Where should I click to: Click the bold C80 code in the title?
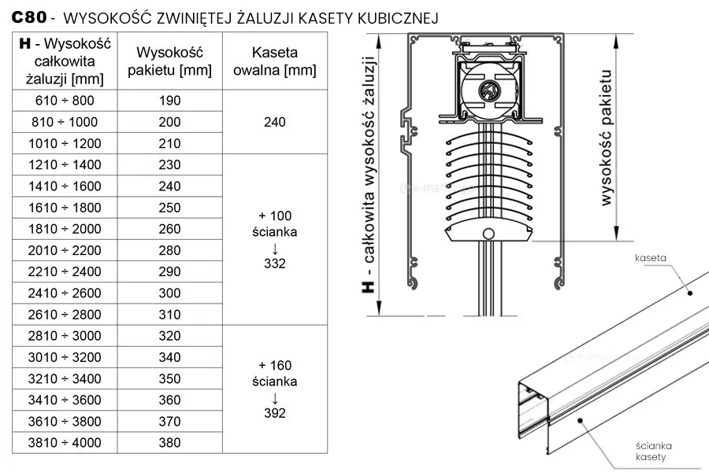pos(29,17)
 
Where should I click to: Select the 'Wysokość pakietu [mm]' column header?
pos(169,61)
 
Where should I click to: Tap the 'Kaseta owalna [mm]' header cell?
pos(274,61)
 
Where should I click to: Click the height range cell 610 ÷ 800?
pos(65,100)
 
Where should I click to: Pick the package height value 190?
pos(169,100)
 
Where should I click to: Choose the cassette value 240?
pos(274,122)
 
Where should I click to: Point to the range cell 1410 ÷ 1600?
pos(65,186)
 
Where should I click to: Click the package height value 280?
pos(169,250)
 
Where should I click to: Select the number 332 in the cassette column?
pos(274,264)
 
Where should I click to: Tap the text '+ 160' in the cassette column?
pos(274,365)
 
